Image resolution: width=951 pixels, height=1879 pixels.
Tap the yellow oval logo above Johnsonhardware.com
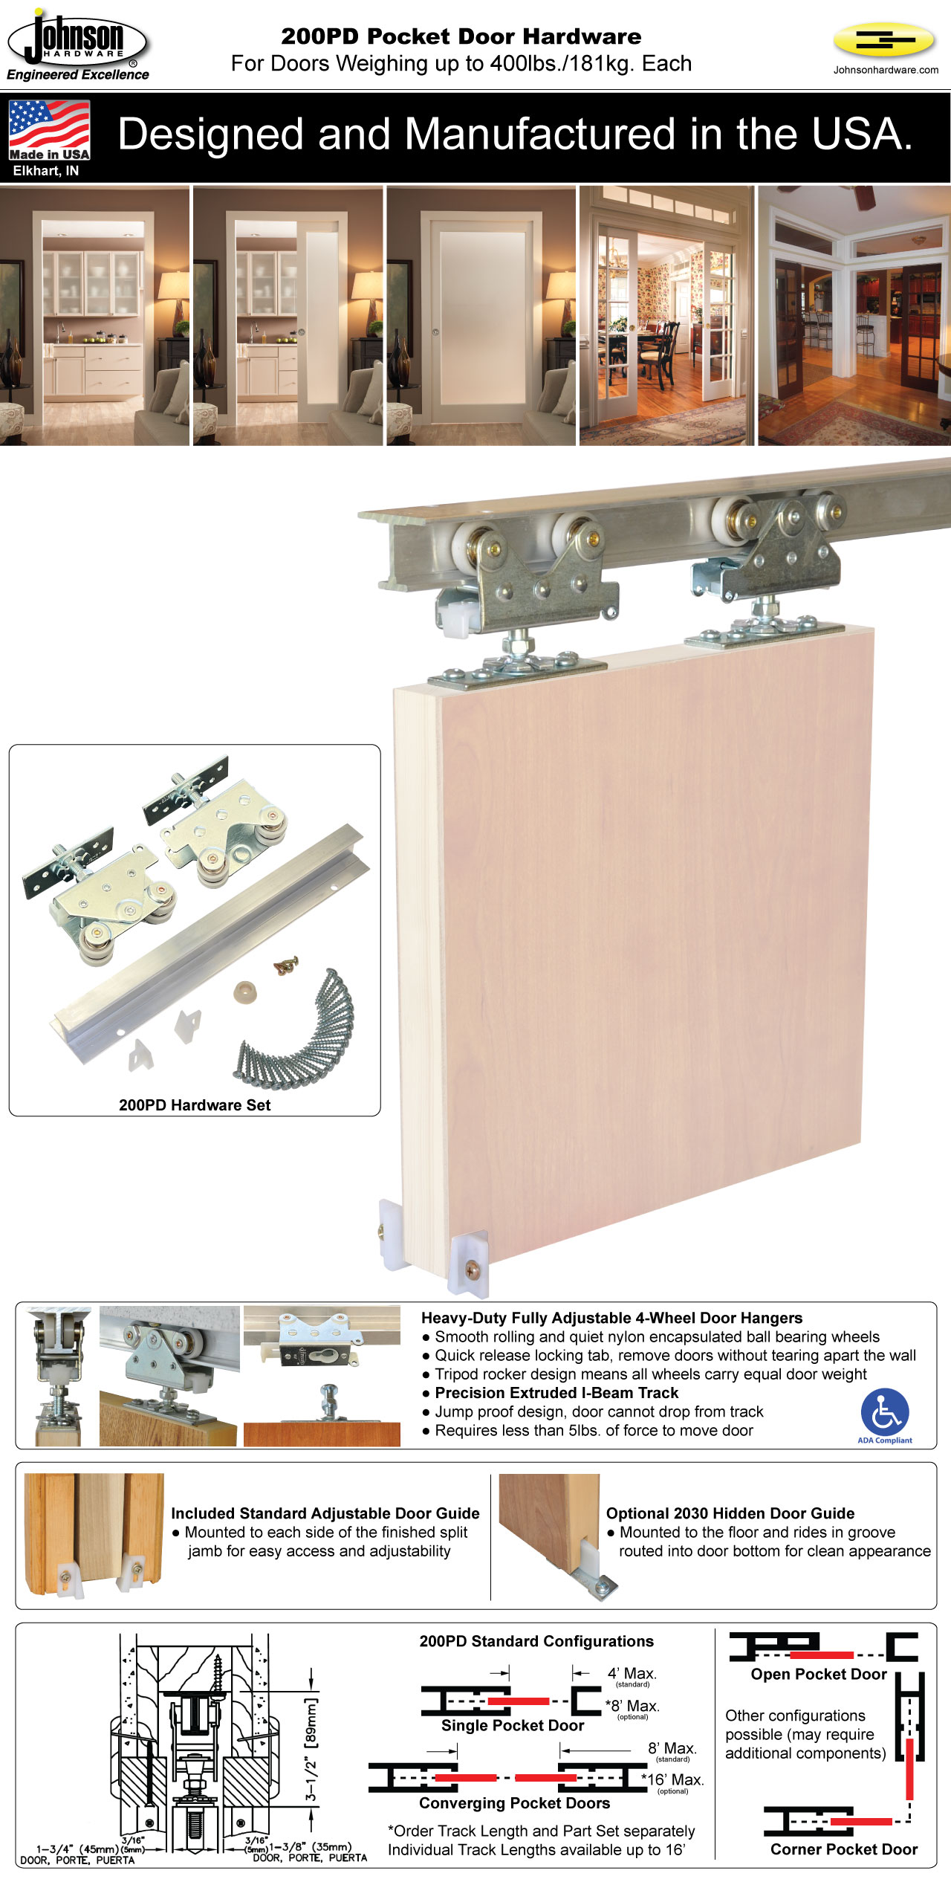(x=884, y=40)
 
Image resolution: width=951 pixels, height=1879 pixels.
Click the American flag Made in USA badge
(x=50, y=130)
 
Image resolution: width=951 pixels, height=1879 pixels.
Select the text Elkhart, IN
(x=46, y=171)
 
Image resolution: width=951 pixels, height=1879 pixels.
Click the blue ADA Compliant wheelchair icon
(x=884, y=1411)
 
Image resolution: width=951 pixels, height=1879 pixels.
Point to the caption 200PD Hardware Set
(x=195, y=1105)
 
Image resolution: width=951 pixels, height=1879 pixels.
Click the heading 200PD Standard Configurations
(x=536, y=1641)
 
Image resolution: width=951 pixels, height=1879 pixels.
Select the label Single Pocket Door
(x=513, y=1725)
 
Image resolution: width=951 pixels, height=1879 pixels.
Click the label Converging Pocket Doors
(x=514, y=1802)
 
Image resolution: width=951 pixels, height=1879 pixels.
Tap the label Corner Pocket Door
(x=844, y=1849)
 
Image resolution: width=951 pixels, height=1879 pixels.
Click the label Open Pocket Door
(x=819, y=1674)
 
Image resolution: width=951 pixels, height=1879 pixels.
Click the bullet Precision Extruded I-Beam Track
(x=556, y=1393)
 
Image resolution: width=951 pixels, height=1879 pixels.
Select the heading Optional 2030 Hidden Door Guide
(x=730, y=1513)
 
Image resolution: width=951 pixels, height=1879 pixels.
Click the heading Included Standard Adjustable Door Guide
(x=325, y=1513)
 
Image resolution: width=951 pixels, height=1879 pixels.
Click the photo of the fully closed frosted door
(x=481, y=316)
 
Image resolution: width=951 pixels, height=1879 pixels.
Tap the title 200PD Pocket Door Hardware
(x=461, y=36)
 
